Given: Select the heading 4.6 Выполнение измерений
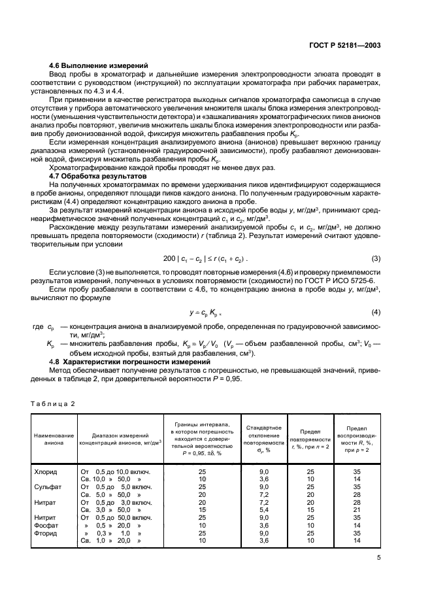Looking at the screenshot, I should (x=99, y=66).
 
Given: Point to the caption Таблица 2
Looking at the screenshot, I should (x=53, y=403).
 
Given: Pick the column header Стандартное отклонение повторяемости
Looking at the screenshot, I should (x=264, y=437).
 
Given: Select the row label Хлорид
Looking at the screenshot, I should (x=45, y=471).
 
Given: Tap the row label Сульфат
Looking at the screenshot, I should (x=46, y=487).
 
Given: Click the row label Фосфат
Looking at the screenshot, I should (x=46, y=525).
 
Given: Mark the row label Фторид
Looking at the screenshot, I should (x=45, y=533).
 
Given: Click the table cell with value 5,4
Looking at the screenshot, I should (x=264, y=509).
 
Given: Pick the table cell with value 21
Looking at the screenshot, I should (x=356, y=509).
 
